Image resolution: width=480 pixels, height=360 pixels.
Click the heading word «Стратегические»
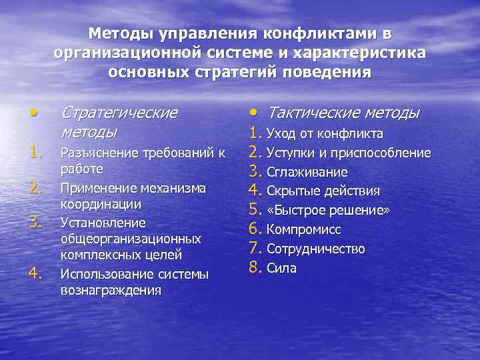pos(119,112)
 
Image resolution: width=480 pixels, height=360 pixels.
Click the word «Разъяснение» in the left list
pos(96,153)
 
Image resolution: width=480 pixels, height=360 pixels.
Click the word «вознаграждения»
pos(111,290)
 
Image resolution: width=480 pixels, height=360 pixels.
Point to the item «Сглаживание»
pos(307,172)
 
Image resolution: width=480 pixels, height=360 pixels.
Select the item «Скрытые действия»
pos(323,191)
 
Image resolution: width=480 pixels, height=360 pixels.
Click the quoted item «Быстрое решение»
pos(328,211)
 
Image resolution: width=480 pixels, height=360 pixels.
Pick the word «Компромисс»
pos(303,230)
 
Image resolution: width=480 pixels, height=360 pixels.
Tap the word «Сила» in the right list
pos(281,269)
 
